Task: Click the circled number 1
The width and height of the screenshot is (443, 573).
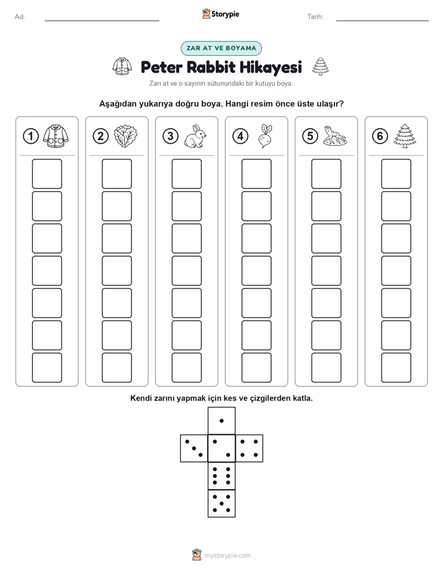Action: tap(30, 136)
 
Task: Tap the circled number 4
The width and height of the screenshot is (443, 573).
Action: tap(240, 136)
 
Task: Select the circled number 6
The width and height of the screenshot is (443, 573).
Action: tap(380, 136)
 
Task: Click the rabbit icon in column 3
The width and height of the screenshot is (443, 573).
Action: tap(195, 136)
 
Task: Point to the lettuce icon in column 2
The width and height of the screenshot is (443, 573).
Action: tap(125, 136)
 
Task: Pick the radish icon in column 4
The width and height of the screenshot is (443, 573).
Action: tap(265, 136)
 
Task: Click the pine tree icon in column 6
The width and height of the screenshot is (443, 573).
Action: tap(405, 136)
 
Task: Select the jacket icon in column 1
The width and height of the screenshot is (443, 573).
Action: tap(56, 136)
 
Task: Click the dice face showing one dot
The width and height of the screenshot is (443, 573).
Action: tap(221, 420)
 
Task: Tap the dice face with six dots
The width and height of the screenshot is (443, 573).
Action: tap(221, 476)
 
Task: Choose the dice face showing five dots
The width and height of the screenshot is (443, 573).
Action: tap(221, 503)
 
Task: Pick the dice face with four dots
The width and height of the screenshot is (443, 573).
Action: tap(249, 448)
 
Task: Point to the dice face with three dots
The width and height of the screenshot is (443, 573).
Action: tap(194, 448)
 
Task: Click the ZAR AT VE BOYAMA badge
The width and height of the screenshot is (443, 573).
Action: tap(221, 48)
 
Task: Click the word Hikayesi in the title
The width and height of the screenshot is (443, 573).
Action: tap(271, 67)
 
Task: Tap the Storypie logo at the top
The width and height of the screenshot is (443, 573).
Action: tap(220, 14)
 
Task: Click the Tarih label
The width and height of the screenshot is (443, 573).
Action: tap(315, 17)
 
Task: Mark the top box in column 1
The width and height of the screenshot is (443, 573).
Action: tap(47, 174)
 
